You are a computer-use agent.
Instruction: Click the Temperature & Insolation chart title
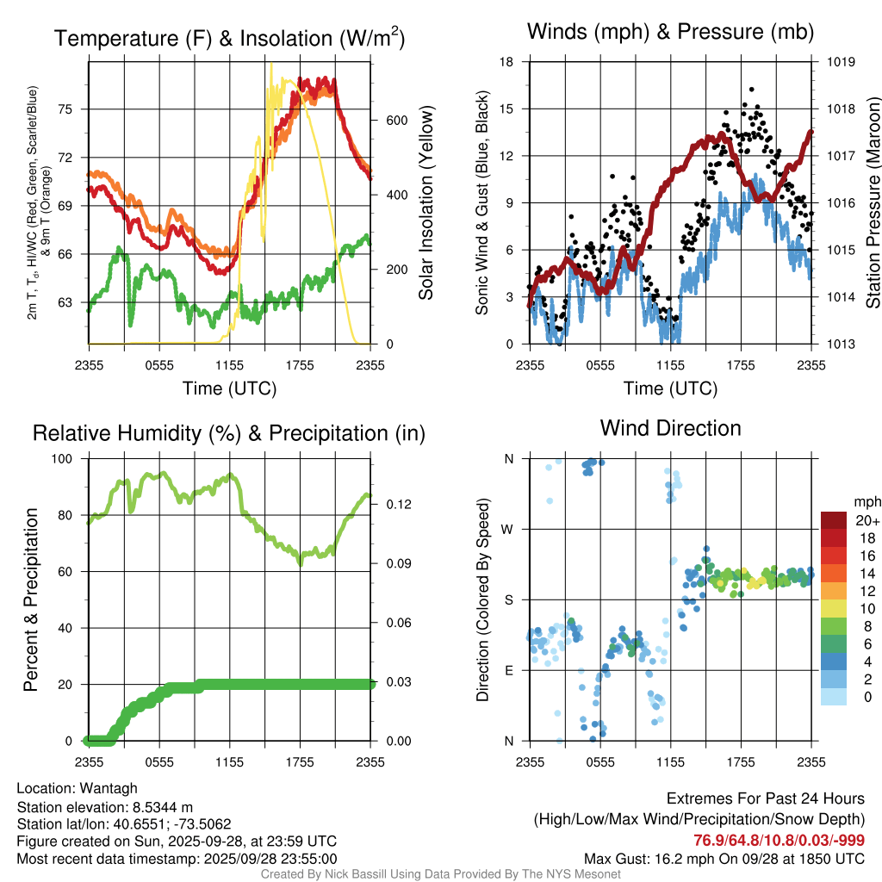[229, 38]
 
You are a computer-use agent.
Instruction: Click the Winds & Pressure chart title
[670, 32]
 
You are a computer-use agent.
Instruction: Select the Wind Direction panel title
[670, 428]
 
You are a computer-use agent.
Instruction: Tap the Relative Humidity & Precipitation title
[229, 433]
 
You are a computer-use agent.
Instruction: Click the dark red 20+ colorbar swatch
[834, 520]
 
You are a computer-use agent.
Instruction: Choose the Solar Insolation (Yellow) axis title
[425, 203]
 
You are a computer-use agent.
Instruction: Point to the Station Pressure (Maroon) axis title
[872, 203]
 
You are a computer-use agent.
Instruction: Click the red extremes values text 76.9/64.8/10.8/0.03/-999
[780, 840]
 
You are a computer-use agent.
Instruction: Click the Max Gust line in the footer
[724, 858]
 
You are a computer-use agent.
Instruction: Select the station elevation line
[106, 806]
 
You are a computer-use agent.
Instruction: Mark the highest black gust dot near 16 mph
[751, 89]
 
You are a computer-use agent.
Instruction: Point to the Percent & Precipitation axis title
[30, 599]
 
